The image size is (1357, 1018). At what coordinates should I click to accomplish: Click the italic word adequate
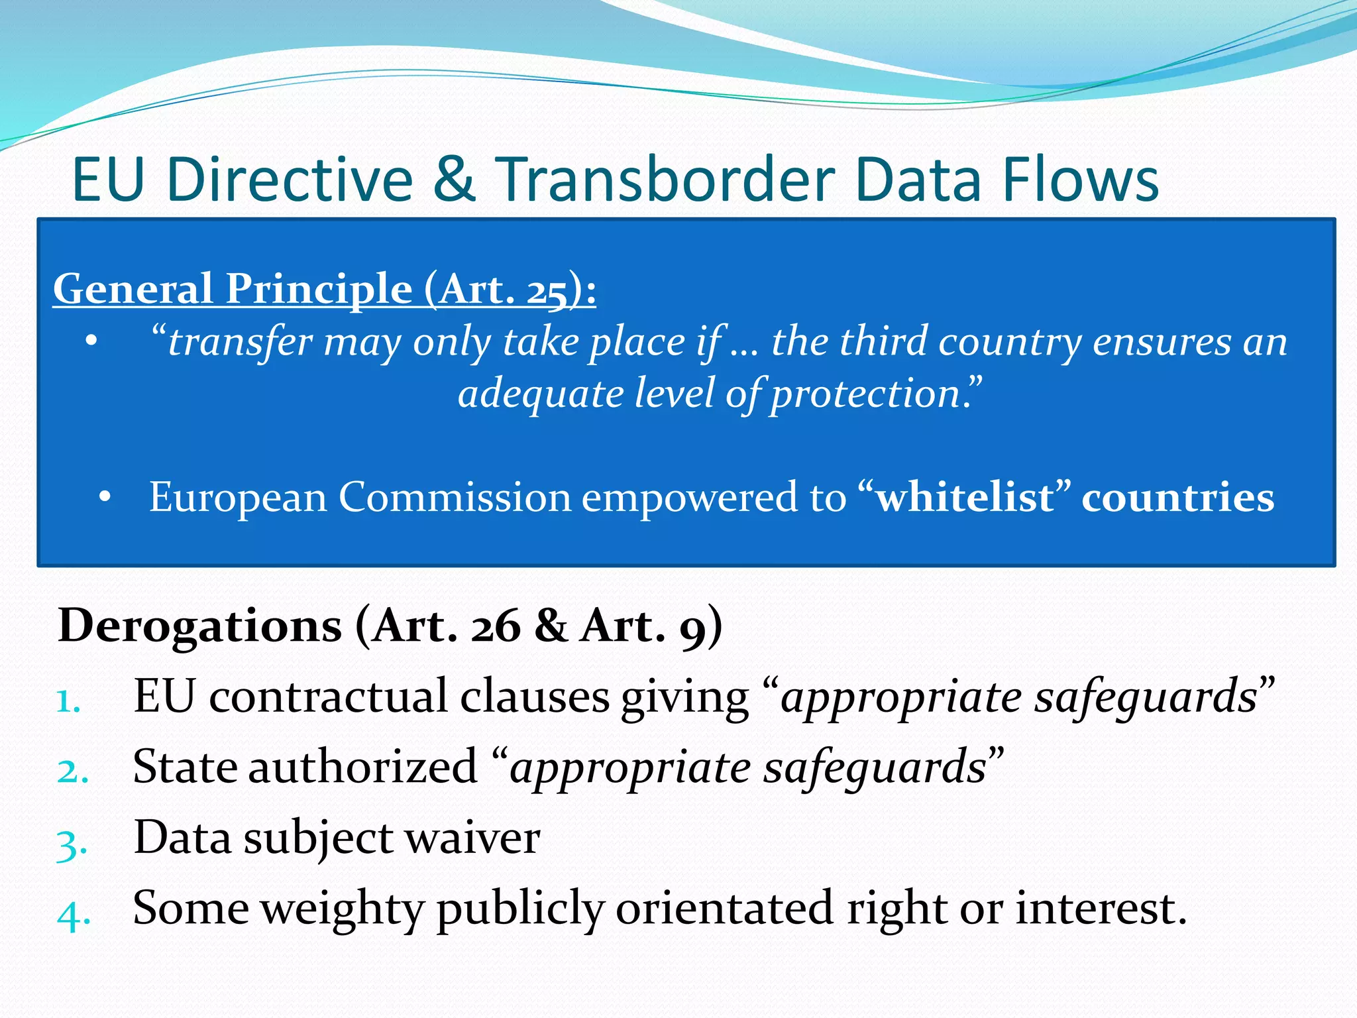click(541, 394)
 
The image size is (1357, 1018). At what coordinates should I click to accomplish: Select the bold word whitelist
click(965, 497)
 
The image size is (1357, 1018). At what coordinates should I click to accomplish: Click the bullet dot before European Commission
click(105, 497)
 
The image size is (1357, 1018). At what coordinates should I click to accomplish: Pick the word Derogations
click(199, 626)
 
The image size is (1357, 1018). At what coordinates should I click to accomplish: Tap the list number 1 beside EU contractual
click(67, 701)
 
